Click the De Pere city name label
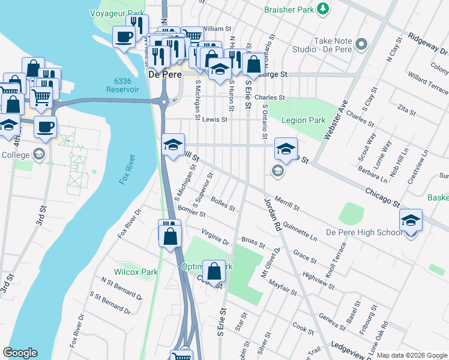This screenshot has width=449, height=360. coord(162,75)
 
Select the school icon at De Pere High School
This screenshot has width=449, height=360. coord(411,220)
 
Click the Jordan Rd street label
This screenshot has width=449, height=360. coord(273,215)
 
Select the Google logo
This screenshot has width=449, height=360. coord(20,352)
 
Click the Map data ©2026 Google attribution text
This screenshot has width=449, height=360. coord(412,355)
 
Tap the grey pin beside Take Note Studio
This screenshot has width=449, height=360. coord(361,44)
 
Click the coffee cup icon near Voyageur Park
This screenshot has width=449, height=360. coord(124,36)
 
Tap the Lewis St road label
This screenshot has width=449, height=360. coord(214,119)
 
